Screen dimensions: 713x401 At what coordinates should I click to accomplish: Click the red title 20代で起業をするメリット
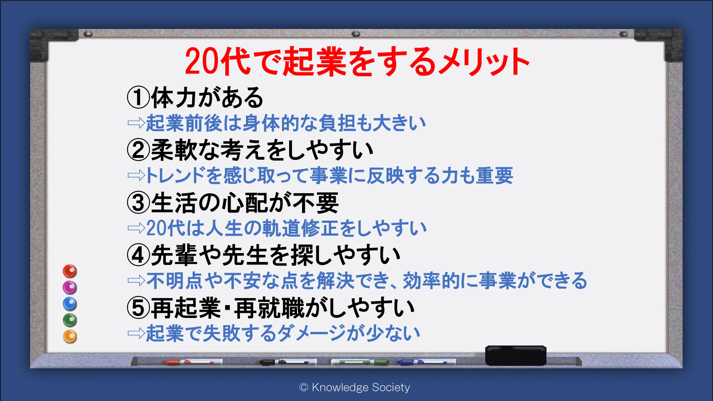pos(357,61)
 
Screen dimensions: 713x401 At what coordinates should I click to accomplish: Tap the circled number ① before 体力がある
pos(138,97)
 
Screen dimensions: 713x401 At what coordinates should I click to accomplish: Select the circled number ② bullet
pos(138,150)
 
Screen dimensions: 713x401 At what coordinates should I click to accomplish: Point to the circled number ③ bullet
pos(138,202)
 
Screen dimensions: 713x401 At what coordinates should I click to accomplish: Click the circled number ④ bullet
pos(138,255)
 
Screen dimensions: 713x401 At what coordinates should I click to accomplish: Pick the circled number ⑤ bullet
pos(138,308)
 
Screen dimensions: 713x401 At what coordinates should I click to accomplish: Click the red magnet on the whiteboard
pos(70,271)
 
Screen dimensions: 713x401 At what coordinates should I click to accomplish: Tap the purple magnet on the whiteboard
pos(70,287)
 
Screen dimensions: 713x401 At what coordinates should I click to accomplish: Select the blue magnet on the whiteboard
pos(70,304)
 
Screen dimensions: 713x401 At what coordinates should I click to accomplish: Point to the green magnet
pos(70,320)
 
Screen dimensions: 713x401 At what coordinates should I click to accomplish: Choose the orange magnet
pos(70,336)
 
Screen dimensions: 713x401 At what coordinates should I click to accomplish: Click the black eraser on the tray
pos(515,355)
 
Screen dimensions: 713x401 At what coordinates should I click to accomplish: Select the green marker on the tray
pos(360,362)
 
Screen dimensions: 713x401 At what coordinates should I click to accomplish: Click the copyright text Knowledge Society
pos(355,387)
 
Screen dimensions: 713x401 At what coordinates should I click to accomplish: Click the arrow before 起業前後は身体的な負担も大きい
pos(136,123)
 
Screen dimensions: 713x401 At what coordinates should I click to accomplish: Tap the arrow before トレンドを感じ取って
pos(136,175)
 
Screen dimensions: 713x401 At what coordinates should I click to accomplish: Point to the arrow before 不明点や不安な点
pos(136,281)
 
